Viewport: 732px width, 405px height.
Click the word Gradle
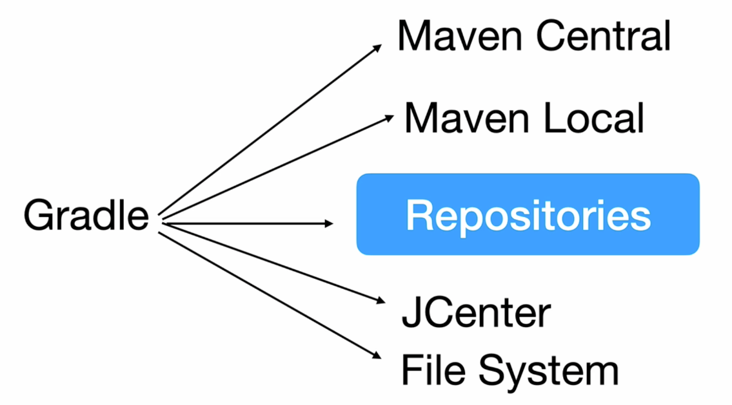(x=86, y=215)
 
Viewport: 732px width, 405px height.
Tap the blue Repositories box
(x=528, y=214)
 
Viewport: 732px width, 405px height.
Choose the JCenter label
(x=477, y=314)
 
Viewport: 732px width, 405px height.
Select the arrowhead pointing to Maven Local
(x=389, y=117)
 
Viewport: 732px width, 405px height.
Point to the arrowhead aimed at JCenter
(x=380, y=300)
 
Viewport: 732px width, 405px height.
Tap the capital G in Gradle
(x=38, y=215)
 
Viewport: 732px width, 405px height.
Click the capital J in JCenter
(x=410, y=314)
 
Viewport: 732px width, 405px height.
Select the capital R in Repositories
(x=418, y=215)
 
